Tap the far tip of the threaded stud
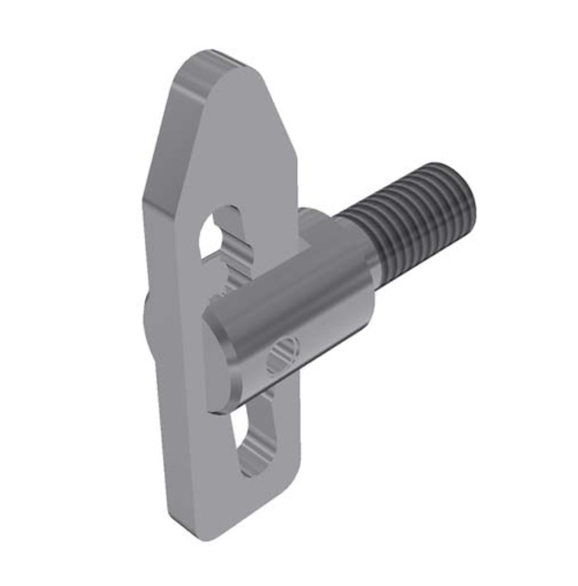[x=459, y=199]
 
